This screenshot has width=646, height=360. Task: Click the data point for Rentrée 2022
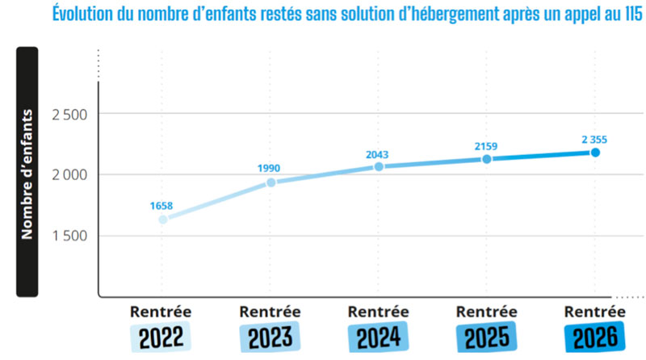pos(163,220)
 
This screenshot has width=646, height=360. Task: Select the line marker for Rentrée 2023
pos(271,182)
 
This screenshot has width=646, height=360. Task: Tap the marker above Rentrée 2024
pos(379,167)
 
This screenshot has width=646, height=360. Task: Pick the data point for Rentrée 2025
pos(487,159)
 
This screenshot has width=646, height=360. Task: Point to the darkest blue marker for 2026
pos(595,153)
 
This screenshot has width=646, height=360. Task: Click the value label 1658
pos(161,206)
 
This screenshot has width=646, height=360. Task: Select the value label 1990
pos(269,168)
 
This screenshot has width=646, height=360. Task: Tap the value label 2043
pos(377,154)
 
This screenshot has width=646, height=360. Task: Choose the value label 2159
pos(486,146)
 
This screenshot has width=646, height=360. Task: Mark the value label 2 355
pos(594,140)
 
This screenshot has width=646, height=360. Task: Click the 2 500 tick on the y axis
pos(69,115)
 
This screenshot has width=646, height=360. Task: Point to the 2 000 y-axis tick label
pos(69,174)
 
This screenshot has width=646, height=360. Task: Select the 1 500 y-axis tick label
pos(69,236)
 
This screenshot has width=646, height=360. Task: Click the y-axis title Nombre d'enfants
pos(27,174)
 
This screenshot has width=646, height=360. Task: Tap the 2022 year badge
pos(161,337)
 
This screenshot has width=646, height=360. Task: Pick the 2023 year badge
pos(270,337)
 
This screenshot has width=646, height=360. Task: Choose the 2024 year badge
pos(378,337)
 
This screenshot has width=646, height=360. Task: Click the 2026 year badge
pos(595,337)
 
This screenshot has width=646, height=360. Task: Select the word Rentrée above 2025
pos(487,312)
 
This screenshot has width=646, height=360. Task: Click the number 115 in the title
pos(634,14)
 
